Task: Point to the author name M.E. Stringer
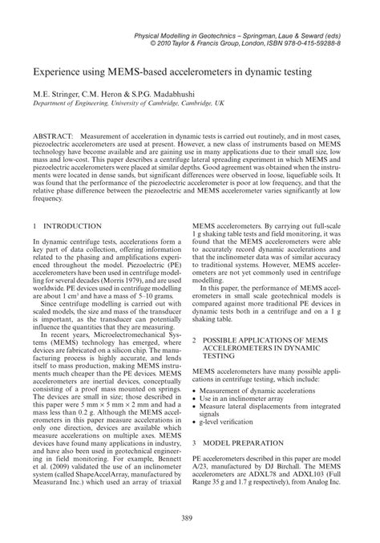point(56,93)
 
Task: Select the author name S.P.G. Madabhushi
point(157,93)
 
